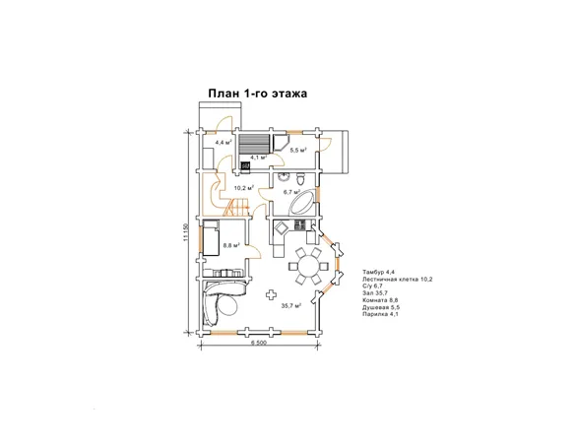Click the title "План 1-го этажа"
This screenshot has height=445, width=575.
[257, 94]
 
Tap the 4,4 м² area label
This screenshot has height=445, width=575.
[224, 142]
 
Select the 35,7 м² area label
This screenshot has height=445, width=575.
[291, 305]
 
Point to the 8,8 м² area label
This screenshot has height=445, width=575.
[231, 245]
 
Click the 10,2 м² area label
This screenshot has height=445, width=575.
[244, 188]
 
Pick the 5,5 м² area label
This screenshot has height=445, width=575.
[298, 150]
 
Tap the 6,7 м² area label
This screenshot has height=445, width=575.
[291, 192]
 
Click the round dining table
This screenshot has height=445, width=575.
[307, 267]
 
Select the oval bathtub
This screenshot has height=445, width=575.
[302, 202]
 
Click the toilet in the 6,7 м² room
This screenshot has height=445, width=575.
[300, 179]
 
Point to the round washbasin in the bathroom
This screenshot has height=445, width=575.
[284, 177]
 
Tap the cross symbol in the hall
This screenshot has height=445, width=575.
[271, 294]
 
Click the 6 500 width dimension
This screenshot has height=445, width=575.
[259, 343]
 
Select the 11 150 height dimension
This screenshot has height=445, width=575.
[185, 232]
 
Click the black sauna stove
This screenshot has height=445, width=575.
[245, 166]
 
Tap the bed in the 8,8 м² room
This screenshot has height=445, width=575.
[211, 238]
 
